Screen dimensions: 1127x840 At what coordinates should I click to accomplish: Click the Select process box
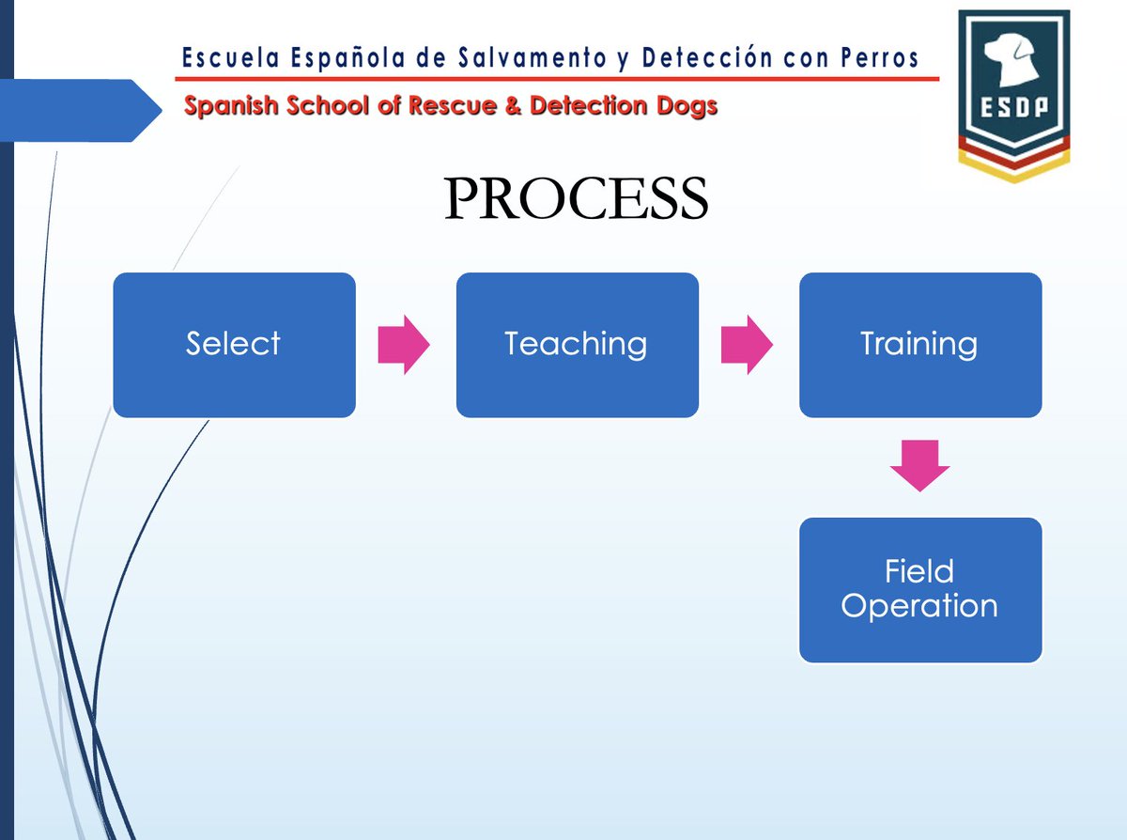point(234,345)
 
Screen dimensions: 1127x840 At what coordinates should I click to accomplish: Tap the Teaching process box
point(577,345)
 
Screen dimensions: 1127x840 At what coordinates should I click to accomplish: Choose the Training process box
point(919,345)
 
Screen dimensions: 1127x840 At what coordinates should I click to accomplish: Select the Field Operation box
point(919,590)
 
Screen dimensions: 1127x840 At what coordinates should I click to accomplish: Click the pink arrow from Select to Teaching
point(403,345)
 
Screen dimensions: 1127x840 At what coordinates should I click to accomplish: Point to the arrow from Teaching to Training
point(746,345)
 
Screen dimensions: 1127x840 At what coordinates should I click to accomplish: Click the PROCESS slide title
point(576,200)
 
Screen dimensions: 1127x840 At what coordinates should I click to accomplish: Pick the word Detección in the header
point(693,59)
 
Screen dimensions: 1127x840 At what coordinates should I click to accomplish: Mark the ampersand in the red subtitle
point(513,106)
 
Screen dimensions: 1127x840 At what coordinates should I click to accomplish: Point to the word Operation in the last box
point(919,606)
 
